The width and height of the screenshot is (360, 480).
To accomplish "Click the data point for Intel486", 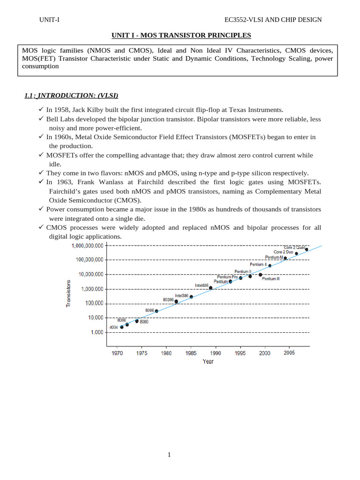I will point(210,288).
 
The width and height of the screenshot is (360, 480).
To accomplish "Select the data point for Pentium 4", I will point(270,266).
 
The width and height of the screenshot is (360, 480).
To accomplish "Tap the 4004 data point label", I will point(113,327).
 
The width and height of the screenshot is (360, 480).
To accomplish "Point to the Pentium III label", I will point(271,279).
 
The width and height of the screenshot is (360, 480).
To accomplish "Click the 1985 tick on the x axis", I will point(191,353).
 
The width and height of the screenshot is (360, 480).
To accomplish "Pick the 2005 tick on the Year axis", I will point(289,353).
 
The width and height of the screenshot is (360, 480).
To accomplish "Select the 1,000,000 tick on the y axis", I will point(92,289).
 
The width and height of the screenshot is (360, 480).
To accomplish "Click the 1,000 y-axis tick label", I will point(97,332).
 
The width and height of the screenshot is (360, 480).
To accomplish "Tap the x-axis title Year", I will point(208,361).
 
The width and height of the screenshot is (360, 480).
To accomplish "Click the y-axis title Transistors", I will point(68,293).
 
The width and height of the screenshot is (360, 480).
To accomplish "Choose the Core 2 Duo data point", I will point(296,254).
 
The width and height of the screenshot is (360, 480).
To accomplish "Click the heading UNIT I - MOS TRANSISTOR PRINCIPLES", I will point(181,35).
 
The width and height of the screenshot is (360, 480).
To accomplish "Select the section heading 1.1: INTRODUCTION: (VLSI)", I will point(71,96).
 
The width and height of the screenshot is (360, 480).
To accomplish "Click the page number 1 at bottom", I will point(169,454).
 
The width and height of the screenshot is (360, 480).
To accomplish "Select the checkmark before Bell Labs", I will point(41,119).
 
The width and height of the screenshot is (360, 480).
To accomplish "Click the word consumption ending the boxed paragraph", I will point(40,66).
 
